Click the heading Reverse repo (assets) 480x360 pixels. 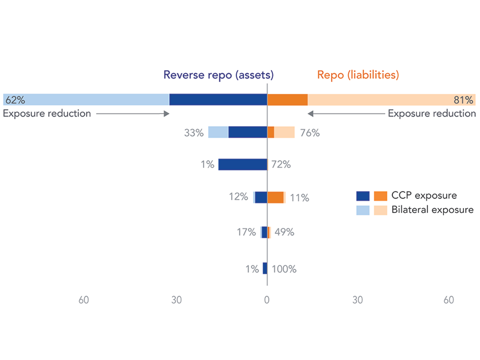pos(218,75)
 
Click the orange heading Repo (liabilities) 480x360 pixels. pos(357,75)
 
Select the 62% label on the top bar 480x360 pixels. pos(15,99)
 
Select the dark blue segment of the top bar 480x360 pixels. pos(218,99)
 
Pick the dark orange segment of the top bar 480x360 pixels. pos(287,99)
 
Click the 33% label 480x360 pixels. pos(194,133)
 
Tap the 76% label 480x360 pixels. pos(310,133)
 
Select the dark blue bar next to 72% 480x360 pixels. pos(242,164)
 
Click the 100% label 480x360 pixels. pos(284,269)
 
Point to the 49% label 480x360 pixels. pos(283,232)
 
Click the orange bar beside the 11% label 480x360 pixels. pos(275,197)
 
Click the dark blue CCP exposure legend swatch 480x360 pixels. pos(362,195)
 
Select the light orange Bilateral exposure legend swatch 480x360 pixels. pos(380,210)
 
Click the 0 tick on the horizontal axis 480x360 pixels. pos(267,300)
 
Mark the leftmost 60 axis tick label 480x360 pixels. pos(84,300)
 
